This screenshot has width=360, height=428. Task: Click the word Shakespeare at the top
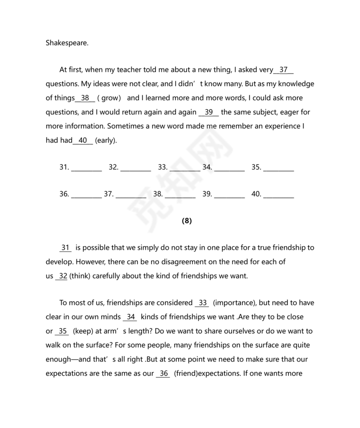(67, 43)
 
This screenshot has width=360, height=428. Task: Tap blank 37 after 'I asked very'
(284, 69)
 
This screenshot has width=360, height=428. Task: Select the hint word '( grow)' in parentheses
(109, 98)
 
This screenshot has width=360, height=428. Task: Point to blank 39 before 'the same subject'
(209, 112)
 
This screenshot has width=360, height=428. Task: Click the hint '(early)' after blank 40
(106, 140)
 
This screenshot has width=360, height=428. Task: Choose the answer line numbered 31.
(86, 168)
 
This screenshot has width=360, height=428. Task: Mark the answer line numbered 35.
(278, 168)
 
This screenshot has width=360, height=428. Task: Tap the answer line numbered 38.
(180, 194)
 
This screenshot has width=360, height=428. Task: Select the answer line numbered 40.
(278, 194)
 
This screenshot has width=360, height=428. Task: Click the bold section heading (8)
(187, 221)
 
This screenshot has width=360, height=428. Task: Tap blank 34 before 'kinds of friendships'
(131, 317)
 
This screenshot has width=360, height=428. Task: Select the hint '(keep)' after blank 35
(82, 331)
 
